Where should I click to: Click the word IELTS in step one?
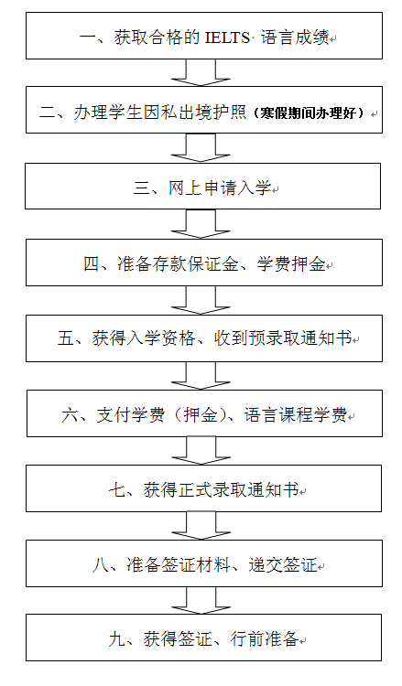coord(227,38)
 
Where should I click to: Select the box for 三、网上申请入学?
coord(202,186)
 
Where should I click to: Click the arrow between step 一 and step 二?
coord(201,72)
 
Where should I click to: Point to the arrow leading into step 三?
coord(201,147)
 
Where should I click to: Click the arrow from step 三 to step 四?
coord(201,223)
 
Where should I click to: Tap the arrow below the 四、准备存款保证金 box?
coord(201,300)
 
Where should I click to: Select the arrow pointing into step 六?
coord(201,375)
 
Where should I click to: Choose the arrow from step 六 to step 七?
coord(201,451)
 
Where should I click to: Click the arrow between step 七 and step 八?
coord(201,526)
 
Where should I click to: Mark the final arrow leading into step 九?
coord(201,601)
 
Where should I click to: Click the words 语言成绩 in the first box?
coord(295,38)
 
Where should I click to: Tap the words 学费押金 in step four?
coord(291,263)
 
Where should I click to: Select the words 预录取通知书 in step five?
coord(300,338)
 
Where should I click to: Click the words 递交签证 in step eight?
coord(283,565)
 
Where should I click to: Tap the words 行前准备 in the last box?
coord(265,639)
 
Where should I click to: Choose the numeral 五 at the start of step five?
coord(65,338)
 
